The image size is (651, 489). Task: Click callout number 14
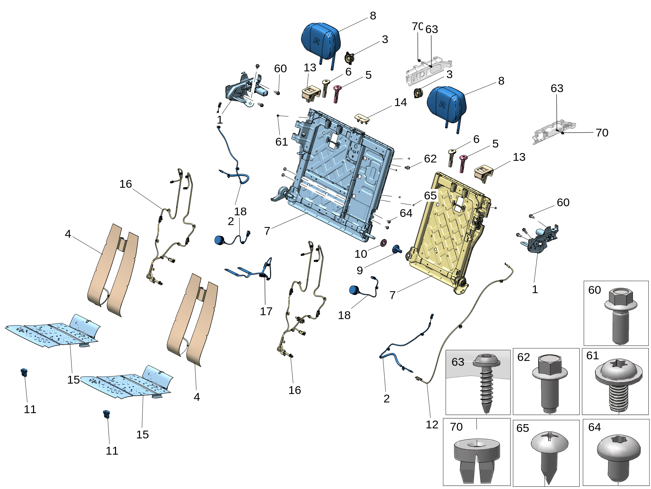(x=400, y=102)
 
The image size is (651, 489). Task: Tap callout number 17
(x=266, y=311)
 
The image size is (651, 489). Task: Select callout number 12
(x=432, y=424)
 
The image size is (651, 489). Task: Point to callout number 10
(x=360, y=254)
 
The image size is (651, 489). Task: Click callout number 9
(x=360, y=270)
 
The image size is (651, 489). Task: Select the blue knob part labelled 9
(x=396, y=249)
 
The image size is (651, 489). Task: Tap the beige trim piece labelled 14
(x=363, y=118)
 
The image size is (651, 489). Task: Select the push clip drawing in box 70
(x=476, y=457)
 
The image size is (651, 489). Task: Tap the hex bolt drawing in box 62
(x=550, y=383)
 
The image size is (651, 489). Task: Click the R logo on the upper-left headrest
(x=316, y=41)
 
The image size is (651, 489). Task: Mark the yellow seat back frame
(x=447, y=233)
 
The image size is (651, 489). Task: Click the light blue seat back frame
(x=337, y=175)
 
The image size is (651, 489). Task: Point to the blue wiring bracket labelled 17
(x=249, y=272)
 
